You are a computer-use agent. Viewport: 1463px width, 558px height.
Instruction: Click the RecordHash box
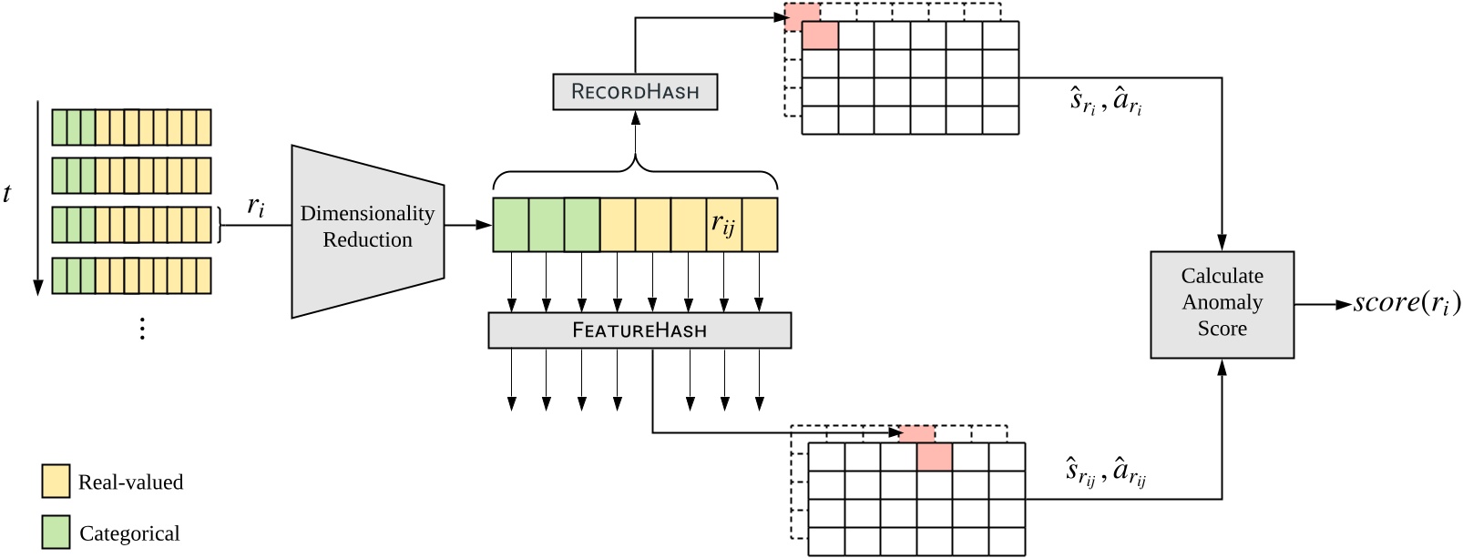[635, 92]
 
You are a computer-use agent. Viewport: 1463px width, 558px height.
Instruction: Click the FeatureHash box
[639, 330]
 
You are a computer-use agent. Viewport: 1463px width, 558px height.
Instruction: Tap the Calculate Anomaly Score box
[1222, 304]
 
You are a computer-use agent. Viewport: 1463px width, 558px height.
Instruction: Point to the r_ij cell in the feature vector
[723, 224]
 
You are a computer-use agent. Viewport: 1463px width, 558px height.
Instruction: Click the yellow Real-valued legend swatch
[56, 482]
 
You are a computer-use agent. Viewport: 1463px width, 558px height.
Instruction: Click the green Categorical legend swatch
[56, 533]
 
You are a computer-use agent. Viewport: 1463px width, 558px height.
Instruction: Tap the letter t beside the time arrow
[7, 194]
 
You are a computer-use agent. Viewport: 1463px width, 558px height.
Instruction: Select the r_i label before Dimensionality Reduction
[256, 207]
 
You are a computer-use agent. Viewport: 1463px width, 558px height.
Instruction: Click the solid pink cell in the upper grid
[820, 36]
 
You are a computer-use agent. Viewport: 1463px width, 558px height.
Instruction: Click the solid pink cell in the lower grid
[934, 457]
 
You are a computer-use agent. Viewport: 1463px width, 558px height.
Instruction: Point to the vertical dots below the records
[142, 329]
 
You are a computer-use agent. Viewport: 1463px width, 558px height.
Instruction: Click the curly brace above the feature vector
[635, 171]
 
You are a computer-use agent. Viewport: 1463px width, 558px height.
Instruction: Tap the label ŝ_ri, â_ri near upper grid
[1105, 101]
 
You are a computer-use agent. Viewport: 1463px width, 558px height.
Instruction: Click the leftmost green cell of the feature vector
[510, 224]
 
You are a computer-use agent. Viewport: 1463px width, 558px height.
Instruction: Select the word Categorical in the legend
[129, 533]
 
